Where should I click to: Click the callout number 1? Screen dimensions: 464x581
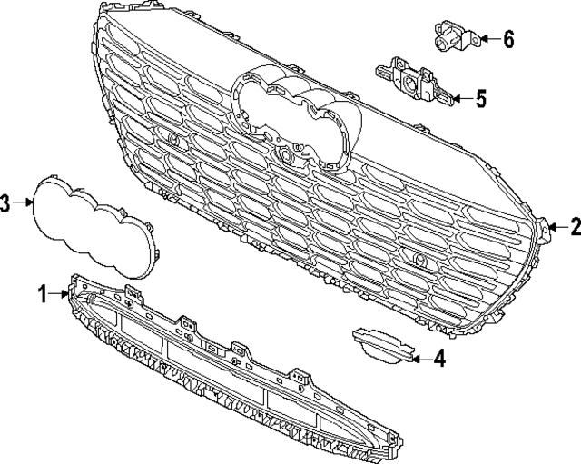(x=42, y=293)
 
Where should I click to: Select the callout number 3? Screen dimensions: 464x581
(x=6, y=203)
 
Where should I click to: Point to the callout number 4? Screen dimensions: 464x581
(x=439, y=360)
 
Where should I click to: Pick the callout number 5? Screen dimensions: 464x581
(x=482, y=97)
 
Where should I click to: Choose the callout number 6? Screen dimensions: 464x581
(x=507, y=39)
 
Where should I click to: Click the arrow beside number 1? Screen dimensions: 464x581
(x=60, y=293)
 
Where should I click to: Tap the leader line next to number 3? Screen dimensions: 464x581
(x=24, y=203)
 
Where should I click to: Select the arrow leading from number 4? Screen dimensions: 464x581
(x=418, y=360)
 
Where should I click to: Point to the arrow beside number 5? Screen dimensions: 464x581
(x=460, y=97)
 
